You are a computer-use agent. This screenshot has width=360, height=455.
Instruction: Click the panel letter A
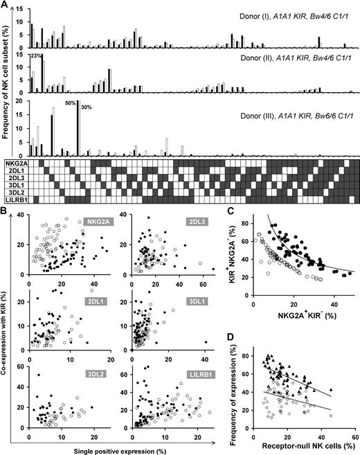6,5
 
